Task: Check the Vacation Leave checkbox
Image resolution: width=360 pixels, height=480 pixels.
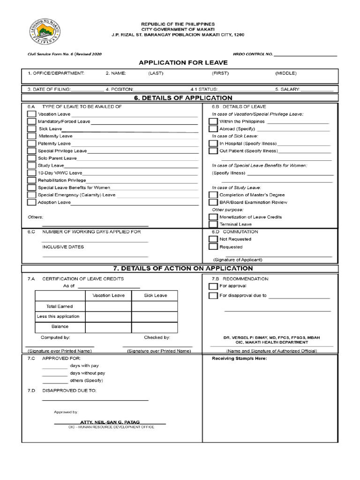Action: click(31, 114)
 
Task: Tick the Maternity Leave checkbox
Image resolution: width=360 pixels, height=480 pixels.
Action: click(31, 136)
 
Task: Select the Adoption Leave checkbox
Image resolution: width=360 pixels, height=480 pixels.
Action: click(31, 202)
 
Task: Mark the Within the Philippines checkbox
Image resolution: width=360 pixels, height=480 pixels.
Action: click(213, 121)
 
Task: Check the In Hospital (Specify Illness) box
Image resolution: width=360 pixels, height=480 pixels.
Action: click(213, 143)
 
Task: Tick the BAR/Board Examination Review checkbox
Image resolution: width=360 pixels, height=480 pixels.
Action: click(213, 202)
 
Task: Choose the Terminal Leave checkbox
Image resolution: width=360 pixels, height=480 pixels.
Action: click(213, 225)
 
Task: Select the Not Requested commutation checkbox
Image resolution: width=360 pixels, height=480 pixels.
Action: click(213, 239)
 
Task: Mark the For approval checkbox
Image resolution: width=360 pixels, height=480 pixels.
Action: click(213, 286)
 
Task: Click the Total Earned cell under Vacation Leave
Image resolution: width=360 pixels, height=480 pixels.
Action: click(108, 306)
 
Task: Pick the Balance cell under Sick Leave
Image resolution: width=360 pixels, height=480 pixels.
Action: click(155, 327)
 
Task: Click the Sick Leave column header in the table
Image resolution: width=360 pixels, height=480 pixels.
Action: click(155, 295)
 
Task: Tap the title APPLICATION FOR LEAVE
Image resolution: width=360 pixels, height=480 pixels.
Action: click(182, 62)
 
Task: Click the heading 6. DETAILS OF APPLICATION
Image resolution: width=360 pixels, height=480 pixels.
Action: click(182, 98)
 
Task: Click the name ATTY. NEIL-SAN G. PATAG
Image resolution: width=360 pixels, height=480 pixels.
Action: click(110, 422)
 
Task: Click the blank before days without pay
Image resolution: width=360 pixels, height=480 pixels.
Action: click(54, 374)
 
